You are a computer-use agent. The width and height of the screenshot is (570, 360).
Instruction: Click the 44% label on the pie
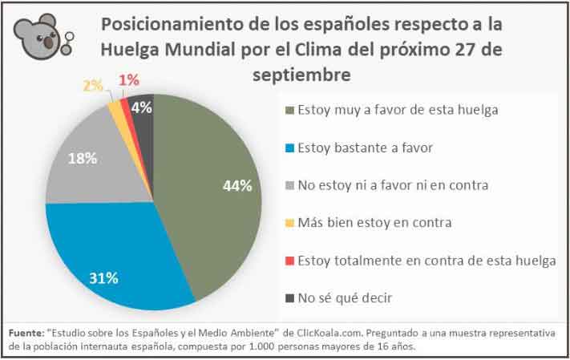[x=238, y=186]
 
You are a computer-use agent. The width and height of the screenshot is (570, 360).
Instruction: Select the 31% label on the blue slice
[x=103, y=278]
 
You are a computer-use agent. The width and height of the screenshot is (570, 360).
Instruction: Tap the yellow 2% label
[x=93, y=86]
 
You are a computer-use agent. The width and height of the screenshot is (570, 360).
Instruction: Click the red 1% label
[x=127, y=79]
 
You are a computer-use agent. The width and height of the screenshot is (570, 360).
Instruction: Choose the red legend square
[x=289, y=261]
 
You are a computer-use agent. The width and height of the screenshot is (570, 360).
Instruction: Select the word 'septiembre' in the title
[x=301, y=75]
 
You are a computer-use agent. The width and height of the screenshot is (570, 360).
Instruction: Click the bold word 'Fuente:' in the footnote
[x=26, y=333]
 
